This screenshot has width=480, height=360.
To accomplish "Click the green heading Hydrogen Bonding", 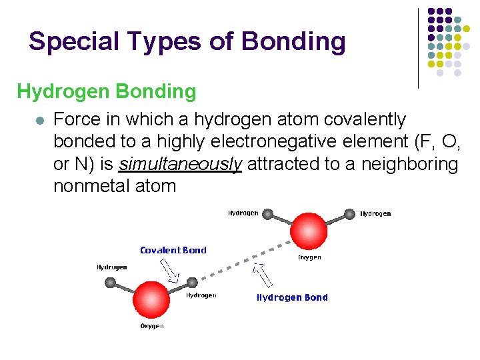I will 107,91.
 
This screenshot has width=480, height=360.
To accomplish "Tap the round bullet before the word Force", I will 40,121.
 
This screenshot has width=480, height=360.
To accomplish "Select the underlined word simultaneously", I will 181,164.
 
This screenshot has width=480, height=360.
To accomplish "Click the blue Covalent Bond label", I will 173,251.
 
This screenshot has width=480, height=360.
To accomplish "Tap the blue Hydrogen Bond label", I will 292,297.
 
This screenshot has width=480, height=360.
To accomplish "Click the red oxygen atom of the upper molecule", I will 309,231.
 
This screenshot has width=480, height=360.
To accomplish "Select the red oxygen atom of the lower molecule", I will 152,299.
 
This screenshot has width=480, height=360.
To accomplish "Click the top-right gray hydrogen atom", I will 349,214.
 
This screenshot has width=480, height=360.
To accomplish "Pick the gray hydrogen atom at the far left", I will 111,282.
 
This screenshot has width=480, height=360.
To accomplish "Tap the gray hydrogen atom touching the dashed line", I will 193,283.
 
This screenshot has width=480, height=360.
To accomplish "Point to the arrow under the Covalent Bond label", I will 170,270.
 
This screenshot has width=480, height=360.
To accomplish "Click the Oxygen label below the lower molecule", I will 152,326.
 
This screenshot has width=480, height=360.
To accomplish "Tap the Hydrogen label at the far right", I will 375,214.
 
